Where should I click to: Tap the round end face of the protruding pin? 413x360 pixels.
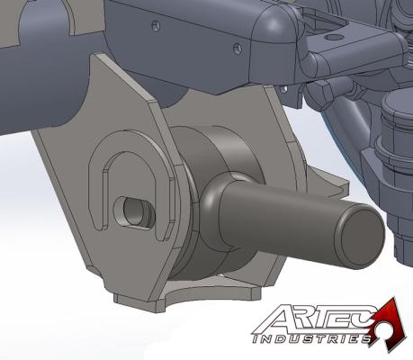357,237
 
